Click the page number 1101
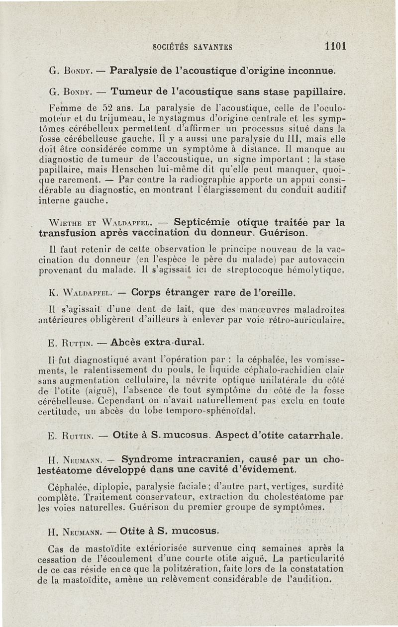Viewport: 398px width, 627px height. click(334, 46)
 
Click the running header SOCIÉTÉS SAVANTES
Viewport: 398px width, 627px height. click(193, 47)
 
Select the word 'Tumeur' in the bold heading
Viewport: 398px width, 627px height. click(130, 92)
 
